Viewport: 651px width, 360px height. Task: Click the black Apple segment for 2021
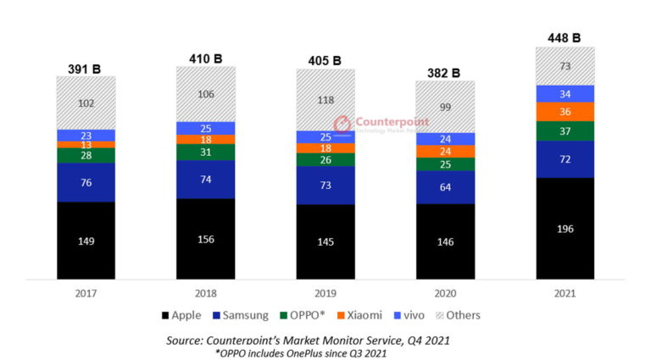pos(565,228)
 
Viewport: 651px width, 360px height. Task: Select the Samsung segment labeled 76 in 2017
pos(86,182)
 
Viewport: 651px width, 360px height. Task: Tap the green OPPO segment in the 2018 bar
pos(206,152)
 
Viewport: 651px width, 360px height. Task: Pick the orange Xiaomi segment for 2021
pos(565,112)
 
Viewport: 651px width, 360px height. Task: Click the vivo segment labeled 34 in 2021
pos(565,93)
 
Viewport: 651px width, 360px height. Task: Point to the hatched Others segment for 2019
pos(325,99)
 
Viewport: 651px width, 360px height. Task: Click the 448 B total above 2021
pos(565,37)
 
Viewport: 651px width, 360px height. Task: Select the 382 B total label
pos(445,72)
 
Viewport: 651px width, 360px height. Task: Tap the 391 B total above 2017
pos(86,68)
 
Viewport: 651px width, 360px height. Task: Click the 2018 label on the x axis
pos(206,294)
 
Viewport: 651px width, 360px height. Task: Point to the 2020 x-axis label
pos(445,294)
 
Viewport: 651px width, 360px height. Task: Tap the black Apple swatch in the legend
pos(164,316)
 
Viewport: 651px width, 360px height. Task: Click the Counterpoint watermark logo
pos(342,125)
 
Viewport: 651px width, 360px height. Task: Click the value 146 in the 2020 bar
pos(445,241)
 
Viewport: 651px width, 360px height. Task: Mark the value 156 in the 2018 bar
pos(206,239)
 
